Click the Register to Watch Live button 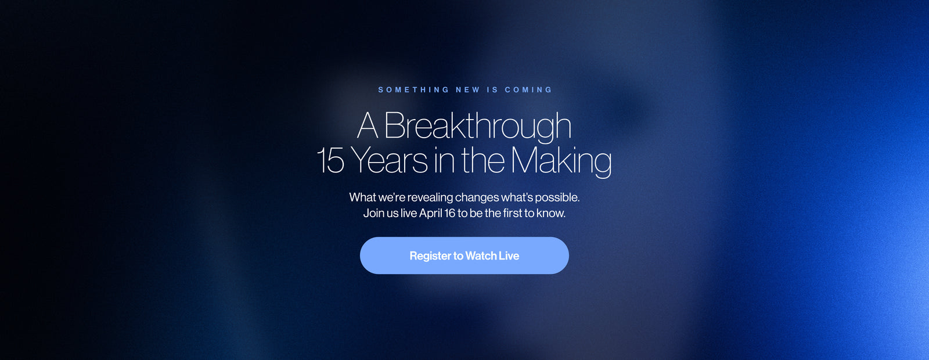pos(464,255)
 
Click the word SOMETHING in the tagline pos(414,89)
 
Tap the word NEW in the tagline pos(468,89)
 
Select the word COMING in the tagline pos(528,89)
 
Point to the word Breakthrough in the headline pos(478,126)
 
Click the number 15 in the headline pos(330,160)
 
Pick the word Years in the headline pos(390,160)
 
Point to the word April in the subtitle pos(430,213)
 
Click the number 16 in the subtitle pos(450,213)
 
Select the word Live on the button pos(509,255)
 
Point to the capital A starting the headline pos(368,125)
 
